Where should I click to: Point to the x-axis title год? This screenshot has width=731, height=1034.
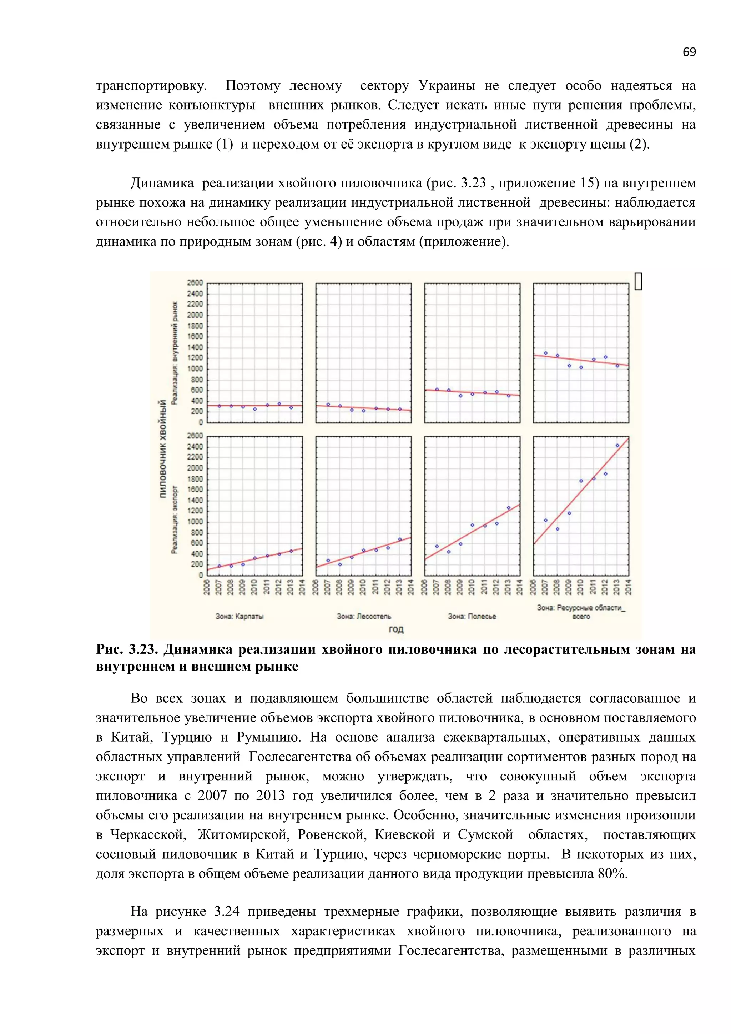click(x=396, y=629)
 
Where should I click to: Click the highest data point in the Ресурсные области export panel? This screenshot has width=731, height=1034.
click(x=617, y=445)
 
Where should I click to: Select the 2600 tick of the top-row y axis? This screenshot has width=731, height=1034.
click(x=195, y=283)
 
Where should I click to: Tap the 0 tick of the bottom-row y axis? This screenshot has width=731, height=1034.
click(x=201, y=575)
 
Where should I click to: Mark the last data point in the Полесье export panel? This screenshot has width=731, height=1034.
click(x=509, y=508)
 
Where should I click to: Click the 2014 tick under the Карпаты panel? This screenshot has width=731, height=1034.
click(x=302, y=587)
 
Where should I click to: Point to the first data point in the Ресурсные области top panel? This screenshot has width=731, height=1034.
click(x=545, y=353)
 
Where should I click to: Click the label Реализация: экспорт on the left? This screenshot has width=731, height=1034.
click(x=175, y=520)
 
